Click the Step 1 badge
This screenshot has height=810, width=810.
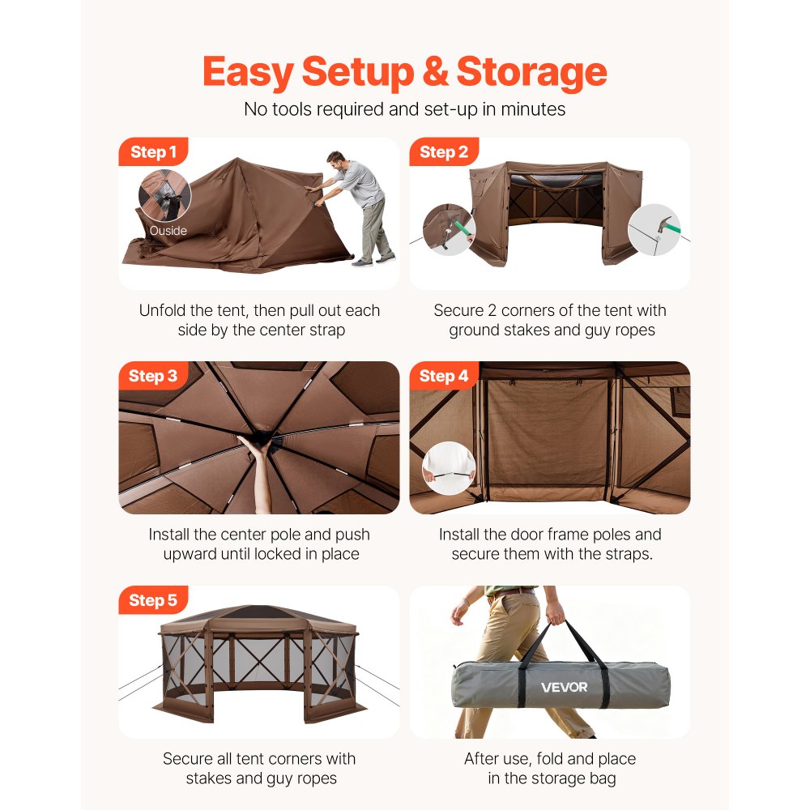coord(153,152)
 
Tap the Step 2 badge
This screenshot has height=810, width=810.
coord(444,152)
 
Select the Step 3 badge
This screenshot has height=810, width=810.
coord(153,376)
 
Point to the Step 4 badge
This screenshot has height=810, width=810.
coord(444,376)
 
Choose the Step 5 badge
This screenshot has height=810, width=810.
coord(153,600)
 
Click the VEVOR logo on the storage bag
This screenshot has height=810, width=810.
coord(565,688)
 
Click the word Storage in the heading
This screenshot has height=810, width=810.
coord(531,72)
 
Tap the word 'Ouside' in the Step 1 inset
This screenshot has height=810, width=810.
coord(168,231)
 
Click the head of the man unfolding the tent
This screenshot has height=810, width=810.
coord(335,159)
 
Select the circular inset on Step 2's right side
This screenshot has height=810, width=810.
coord(654,230)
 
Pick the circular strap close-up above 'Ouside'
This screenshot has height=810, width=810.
coord(165,196)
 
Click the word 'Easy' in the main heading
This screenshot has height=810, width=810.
coord(248,72)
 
